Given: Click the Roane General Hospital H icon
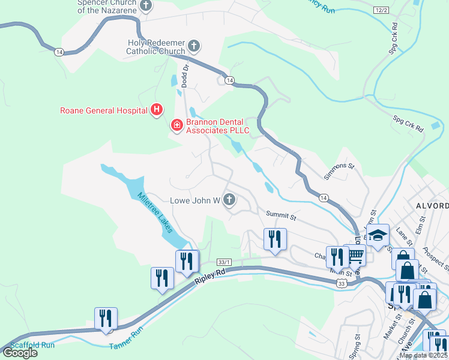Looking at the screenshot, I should click(157, 110).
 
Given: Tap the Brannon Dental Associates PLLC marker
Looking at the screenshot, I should click(176, 125).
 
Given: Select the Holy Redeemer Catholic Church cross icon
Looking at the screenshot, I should click(193, 46).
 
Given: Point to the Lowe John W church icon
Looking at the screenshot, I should click(229, 200).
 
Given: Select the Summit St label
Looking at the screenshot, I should click(282, 214).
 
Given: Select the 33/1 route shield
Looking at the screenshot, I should click(224, 261).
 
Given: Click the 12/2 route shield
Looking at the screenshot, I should click(381, 10).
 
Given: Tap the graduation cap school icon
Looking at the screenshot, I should click(378, 236).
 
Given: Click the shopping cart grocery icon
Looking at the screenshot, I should click(355, 256).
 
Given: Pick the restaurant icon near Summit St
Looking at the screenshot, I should click(275, 239).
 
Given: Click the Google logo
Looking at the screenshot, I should click(19, 353).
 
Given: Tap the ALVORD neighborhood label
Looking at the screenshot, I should click(432, 206).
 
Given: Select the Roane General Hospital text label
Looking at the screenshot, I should click(104, 110).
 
